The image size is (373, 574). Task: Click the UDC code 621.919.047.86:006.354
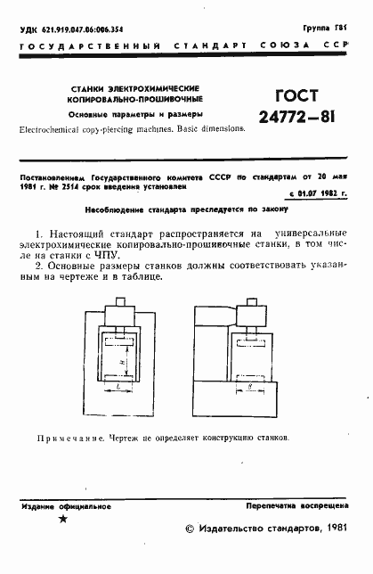74,29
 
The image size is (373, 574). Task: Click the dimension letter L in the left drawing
118,389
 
